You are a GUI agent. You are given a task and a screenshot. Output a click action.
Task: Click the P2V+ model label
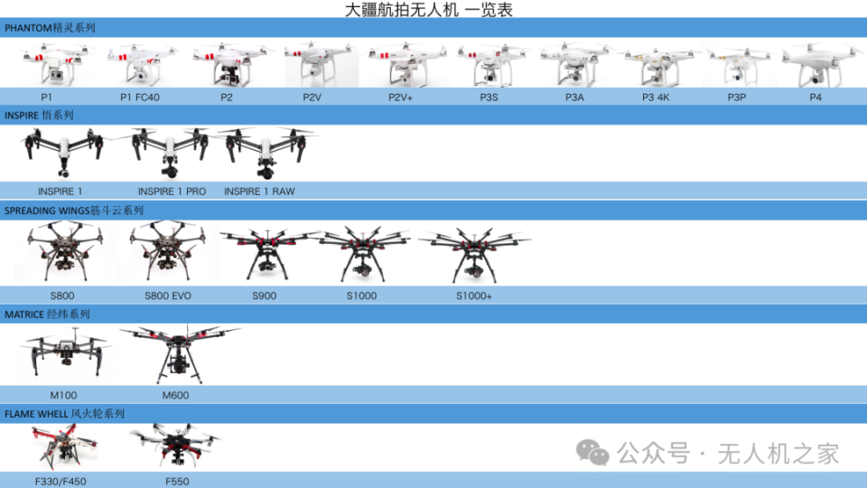pos(400,98)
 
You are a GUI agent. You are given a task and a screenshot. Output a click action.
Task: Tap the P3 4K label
pos(656,98)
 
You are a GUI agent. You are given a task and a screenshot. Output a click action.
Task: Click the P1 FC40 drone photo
pos(142,63)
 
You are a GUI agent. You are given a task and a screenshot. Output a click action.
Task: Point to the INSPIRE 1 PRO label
pos(172,192)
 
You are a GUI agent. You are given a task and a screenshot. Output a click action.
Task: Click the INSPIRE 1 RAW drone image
pos(266,152)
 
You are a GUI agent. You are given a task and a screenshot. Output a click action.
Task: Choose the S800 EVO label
pos(168,296)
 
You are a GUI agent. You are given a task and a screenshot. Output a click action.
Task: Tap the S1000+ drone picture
pos(474,254)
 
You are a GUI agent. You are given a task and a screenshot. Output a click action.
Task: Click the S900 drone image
pos(269,253)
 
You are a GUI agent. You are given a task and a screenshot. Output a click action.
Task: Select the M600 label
pos(175,396)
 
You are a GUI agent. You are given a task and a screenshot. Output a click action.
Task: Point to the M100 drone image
pos(65,353)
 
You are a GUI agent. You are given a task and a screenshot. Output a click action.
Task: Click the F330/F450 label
pos(61,482)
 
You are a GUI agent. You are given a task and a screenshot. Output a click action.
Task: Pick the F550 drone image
pos(176,446)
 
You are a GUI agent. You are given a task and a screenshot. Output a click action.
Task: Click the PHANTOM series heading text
pos(50,28)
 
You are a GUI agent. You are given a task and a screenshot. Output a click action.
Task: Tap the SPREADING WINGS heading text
pos(73,211)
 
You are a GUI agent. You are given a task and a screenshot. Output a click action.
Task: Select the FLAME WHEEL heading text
pos(64,414)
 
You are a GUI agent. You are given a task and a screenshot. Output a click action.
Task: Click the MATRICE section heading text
pos(47,314)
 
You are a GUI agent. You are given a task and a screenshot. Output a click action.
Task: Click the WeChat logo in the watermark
pos(592,453)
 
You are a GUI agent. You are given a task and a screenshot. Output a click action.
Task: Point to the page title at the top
pos(428,9)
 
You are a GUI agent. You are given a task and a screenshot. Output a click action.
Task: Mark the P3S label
pos(489,98)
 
